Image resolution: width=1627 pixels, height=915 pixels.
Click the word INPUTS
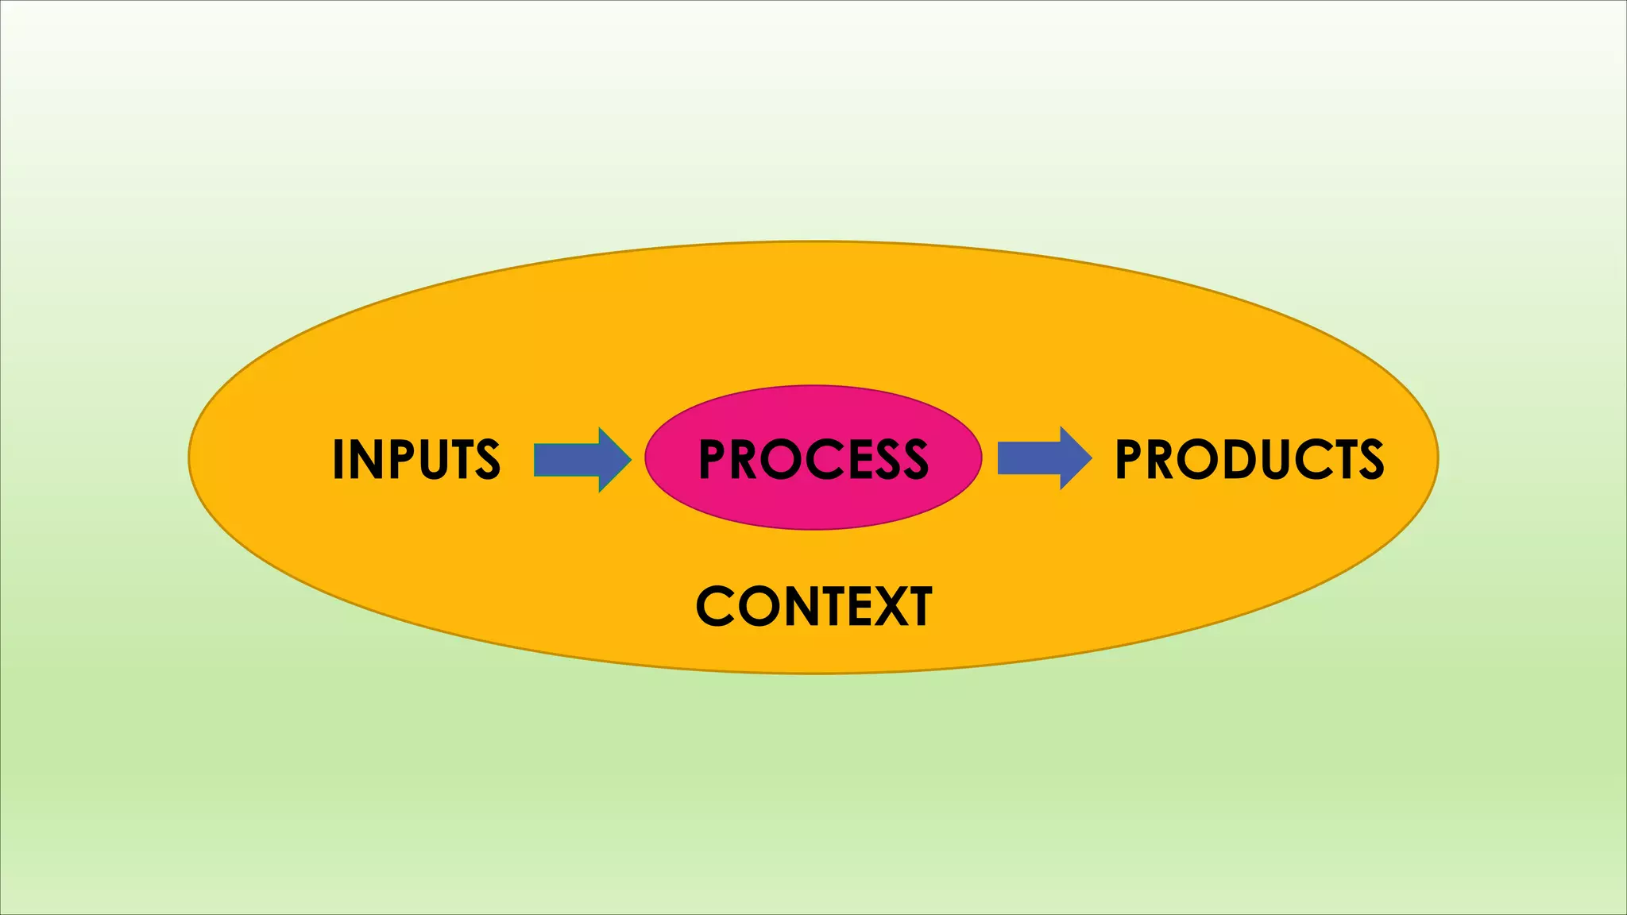click(416, 459)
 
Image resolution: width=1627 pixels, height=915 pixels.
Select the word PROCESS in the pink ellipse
click(813, 459)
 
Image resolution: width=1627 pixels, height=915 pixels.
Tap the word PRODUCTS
click(1250, 459)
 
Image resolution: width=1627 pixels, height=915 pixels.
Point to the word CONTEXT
click(813, 607)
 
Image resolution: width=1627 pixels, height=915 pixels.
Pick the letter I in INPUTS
click(338, 459)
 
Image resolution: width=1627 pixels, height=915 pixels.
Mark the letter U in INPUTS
click(434, 459)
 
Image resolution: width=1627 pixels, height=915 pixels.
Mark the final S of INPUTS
click(487, 459)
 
